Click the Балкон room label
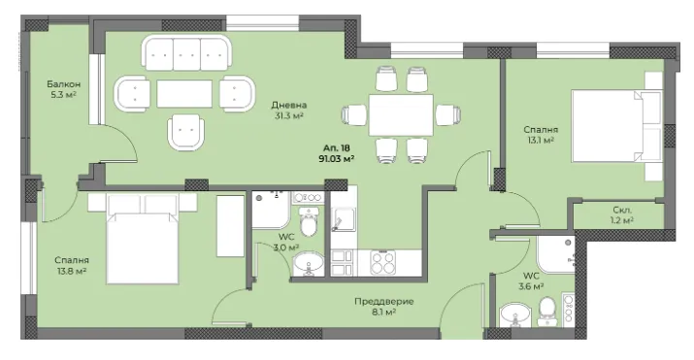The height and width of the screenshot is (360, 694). pos(64,84)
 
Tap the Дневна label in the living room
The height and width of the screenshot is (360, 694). pos(289,105)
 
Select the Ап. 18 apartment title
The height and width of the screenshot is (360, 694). pos(337,148)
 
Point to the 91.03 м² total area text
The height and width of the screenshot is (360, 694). pos(337,159)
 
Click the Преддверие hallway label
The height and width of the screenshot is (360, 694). pos(384,302)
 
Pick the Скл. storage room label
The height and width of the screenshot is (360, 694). pos(623,210)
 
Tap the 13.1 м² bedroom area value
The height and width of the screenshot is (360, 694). pos(541,141)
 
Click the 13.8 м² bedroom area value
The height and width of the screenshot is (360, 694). pos(72,271)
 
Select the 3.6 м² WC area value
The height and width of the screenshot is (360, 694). pos(531,286)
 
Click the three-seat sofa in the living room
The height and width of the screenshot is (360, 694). pos(186,53)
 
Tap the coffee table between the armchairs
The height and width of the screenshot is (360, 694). pos(184,94)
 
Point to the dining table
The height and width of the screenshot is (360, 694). pos(401,115)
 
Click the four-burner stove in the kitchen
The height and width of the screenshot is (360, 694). pos(382,262)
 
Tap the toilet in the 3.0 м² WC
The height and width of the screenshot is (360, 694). pos(309,221)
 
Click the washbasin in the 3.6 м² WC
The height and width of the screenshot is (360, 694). pos(515,314)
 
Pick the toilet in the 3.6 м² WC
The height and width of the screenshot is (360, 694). pos(547,311)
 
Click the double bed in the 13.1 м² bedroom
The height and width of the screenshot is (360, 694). pos(616,126)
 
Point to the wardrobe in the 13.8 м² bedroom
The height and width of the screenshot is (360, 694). pos(231,226)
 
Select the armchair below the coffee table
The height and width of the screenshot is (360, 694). pos(186,132)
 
